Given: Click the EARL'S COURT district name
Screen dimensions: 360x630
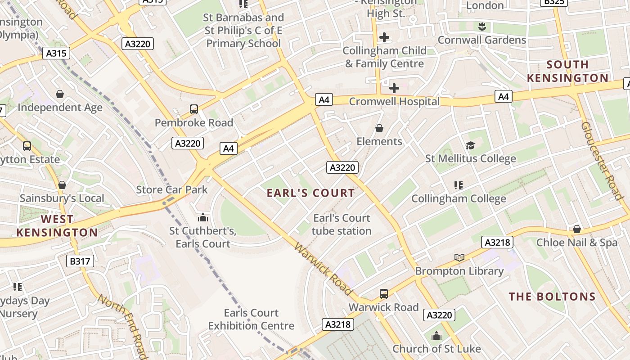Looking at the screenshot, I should pos(310,193).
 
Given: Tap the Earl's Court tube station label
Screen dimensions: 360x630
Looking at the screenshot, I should pos(342,225).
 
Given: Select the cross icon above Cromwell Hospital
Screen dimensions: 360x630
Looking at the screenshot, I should pos(394,88).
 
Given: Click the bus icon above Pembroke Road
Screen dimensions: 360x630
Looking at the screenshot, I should pos(194,109).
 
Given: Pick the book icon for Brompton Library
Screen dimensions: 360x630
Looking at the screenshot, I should pos(459,258).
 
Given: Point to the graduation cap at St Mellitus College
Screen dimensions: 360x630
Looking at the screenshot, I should pos(470,145).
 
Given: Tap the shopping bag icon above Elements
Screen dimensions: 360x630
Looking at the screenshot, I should pos(379,129).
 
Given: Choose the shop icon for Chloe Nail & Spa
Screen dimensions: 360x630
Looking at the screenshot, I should pos(576,229).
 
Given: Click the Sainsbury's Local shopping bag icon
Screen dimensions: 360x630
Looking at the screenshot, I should pos(62,185).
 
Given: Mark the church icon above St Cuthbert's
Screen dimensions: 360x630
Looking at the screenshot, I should pos(203,218).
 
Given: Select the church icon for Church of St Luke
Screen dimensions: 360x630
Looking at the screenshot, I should pos(436,336).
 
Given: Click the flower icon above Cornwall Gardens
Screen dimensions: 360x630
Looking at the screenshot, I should pos(482,27).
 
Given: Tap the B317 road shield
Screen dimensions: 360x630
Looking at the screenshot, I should pos(81,261).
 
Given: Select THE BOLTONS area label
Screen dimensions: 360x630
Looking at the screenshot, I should pos(552,297).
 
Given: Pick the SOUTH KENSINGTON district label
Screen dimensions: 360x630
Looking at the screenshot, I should pos(567,71).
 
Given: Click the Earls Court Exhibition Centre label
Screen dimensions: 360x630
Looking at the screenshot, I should pos(251,319).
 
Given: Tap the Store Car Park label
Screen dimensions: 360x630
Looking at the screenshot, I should pos(172,189).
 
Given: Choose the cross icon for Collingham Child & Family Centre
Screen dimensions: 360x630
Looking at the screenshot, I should pos(384,37).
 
